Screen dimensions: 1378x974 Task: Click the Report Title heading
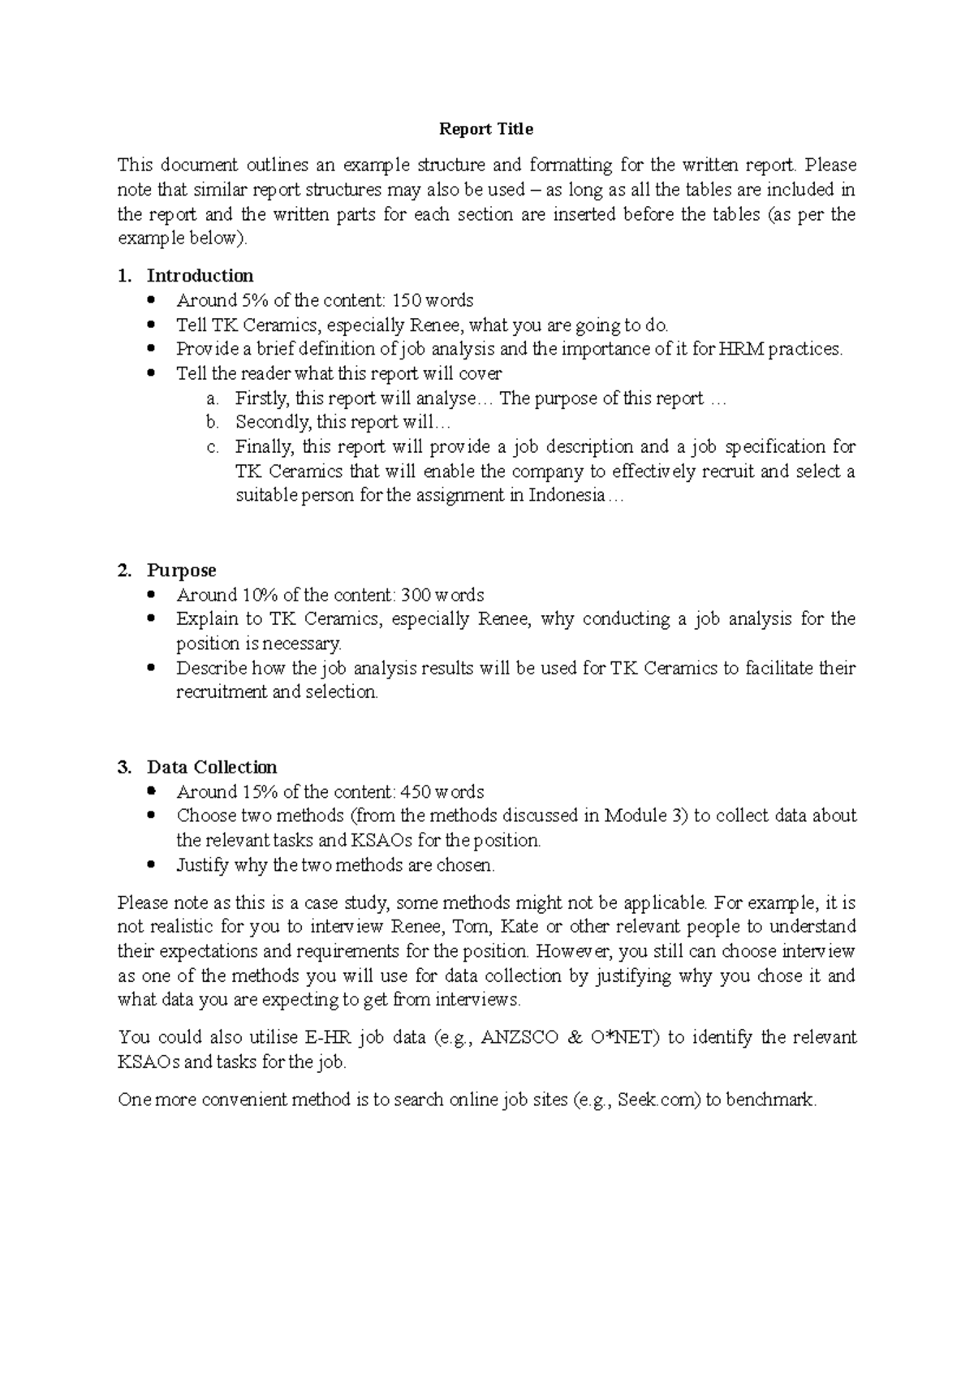point(485,129)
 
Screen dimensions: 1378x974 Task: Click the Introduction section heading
point(200,276)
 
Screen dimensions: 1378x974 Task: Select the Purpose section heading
point(181,571)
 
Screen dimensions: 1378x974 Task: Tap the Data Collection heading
point(212,768)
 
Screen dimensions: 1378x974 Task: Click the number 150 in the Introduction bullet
point(406,300)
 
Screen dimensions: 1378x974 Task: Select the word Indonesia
point(567,496)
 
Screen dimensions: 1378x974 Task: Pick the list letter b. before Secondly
point(213,423)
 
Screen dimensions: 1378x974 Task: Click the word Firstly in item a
point(262,398)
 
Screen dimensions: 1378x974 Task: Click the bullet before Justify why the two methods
point(152,865)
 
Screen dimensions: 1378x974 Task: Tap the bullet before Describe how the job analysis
point(152,669)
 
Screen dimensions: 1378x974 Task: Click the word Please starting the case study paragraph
point(141,903)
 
